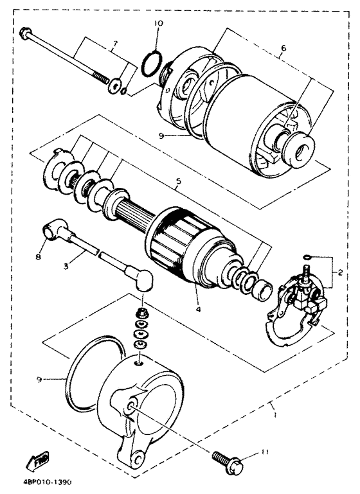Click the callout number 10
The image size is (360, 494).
[159, 23]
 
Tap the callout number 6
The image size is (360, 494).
[283, 48]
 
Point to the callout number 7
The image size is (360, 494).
[115, 44]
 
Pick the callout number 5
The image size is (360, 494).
[179, 181]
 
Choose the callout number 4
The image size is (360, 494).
[198, 310]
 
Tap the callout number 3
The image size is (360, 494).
[66, 266]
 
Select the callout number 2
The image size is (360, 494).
[340, 273]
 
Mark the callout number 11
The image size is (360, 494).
[264, 453]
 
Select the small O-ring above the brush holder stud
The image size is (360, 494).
[307, 258]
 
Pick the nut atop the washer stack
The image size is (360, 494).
[141, 314]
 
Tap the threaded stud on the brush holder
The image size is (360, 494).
[305, 272]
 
